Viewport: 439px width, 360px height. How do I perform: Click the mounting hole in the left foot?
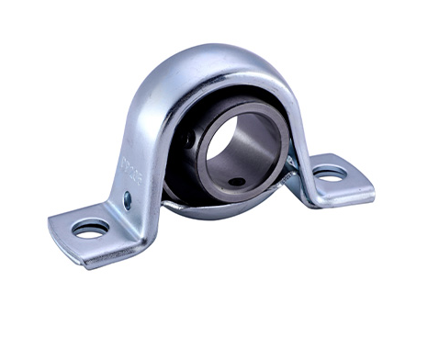pyautogui.click(x=91, y=229)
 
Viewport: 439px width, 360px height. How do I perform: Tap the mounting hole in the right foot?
pyautogui.click(x=329, y=172)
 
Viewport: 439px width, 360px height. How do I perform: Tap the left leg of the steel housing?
pyautogui.click(x=138, y=156)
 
